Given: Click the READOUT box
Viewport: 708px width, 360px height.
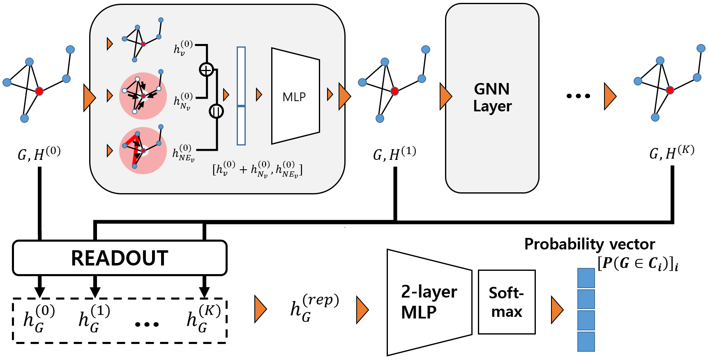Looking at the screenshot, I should pyautogui.click(x=120, y=258).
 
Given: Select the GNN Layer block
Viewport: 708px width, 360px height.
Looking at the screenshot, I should pyautogui.click(x=492, y=98).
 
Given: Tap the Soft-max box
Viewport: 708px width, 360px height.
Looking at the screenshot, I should pyautogui.click(x=507, y=302).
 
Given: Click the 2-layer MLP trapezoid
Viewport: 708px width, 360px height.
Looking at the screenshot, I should pyautogui.click(x=429, y=302).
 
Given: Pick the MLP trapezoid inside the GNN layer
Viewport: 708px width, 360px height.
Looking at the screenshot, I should pyautogui.click(x=295, y=97).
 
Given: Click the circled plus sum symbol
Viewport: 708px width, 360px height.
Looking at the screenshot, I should pyautogui.click(x=206, y=69).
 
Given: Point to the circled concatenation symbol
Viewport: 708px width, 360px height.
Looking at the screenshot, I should pyautogui.click(x=216, y=111).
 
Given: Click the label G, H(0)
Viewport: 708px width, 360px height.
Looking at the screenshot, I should pyautogui.click(x=39, y=154).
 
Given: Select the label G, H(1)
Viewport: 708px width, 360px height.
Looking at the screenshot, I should pyautogui.click(x=394, y=154).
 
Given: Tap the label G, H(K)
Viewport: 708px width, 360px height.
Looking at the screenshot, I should pyautogui.click(x=671, y=152).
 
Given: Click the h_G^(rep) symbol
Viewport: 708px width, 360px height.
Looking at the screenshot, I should pyautogui.click(x=314, y=308).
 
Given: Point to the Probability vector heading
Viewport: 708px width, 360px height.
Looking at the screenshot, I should pyautogui.click(x=589, y=244).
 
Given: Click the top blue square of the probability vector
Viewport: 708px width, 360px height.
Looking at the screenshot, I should pyautogui.click(x=586, y=278).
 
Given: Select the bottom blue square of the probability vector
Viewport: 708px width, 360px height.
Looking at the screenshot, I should pyautogui.click(x=586, y=342).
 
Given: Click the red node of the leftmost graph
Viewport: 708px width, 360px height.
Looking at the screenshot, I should pyautogui.click(x=39, y=91).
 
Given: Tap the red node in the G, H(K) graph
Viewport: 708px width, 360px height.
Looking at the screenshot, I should pyautogui.click(x=670, y=90).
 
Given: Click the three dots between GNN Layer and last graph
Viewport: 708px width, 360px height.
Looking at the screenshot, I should pyautogui.click(x=578, y=96).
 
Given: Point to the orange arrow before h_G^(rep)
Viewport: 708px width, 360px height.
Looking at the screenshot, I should pyautogui.click(x=260, y=309).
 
